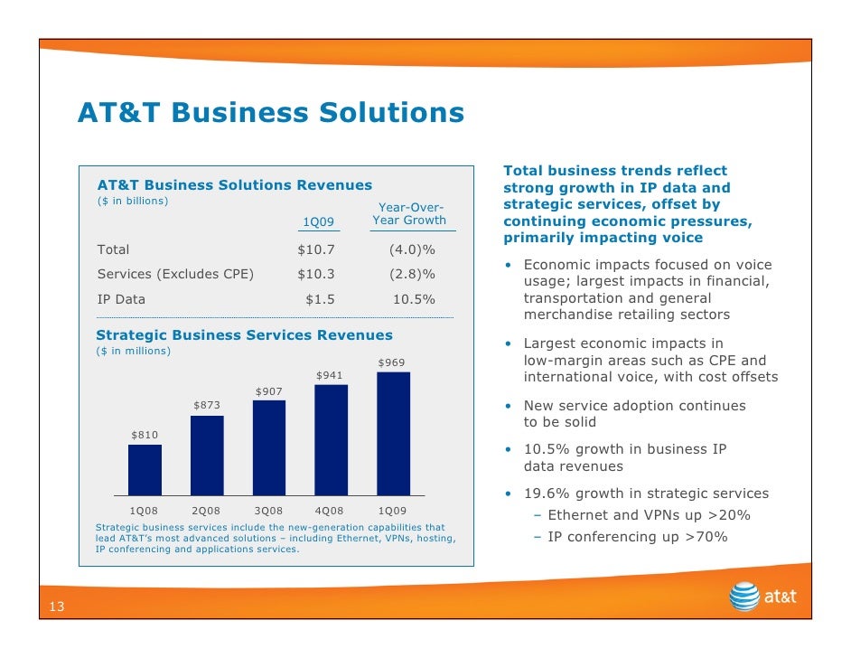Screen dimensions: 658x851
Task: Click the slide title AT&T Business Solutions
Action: click(270, 113)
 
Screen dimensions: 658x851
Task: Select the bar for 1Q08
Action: click(145, 470)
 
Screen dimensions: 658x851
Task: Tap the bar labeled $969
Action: click(393, 434)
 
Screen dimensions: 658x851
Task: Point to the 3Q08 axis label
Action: click(268, 511)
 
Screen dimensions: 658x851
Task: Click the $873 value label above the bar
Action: click(207, 406)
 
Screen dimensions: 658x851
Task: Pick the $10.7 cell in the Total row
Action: click(316, 249)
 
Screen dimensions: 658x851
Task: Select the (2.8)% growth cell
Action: click(411, 274)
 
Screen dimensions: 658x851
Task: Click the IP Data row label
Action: click(121, 299)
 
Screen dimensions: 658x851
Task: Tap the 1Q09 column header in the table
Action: click(317, 221)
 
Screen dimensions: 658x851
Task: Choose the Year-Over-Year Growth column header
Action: click(410, 214)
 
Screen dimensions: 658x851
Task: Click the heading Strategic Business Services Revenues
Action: click(245, 335)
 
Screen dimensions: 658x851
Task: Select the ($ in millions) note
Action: click(133, 351)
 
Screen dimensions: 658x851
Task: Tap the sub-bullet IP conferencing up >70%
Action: click(637, 537)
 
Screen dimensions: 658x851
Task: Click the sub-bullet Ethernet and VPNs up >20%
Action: click(648, 515)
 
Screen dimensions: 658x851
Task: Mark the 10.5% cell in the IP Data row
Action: click(414, 299)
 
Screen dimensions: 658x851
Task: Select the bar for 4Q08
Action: click(331, 440)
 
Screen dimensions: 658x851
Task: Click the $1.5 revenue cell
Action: click(321, 299)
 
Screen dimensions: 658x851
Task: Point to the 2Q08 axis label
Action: click(207, 511)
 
